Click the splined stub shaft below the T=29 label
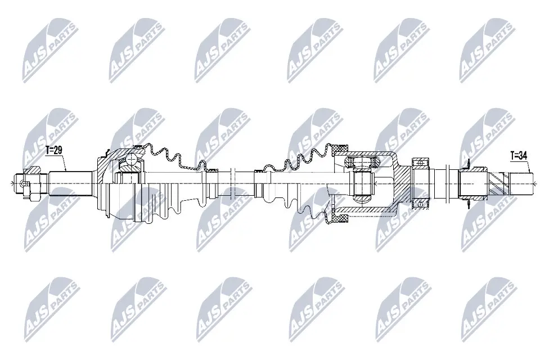[70, 182]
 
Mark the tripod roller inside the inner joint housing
[363, 182]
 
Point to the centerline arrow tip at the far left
[12, 182]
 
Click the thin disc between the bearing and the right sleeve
[446, 182]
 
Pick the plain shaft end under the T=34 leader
[521, 182]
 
